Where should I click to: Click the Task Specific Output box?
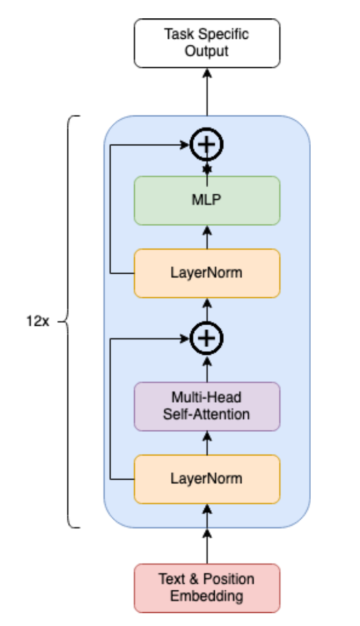207,43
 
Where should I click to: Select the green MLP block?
207,200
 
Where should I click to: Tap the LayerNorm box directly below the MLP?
207,273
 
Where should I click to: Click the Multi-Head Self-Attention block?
207,406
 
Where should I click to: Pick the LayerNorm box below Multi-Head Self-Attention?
207,479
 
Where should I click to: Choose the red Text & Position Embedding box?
207,587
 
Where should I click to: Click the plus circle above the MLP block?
207,145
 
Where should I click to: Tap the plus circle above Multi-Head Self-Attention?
207,338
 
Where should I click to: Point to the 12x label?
37,323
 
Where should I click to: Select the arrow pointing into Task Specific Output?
207,92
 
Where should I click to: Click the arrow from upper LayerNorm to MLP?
207,238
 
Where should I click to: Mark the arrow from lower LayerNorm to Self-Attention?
207,442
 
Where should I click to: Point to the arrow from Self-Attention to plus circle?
207,368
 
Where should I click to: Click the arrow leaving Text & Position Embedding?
207,545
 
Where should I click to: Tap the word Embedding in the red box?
207,595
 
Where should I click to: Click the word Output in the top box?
207,51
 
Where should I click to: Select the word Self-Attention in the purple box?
207,414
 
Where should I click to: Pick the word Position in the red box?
228,579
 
